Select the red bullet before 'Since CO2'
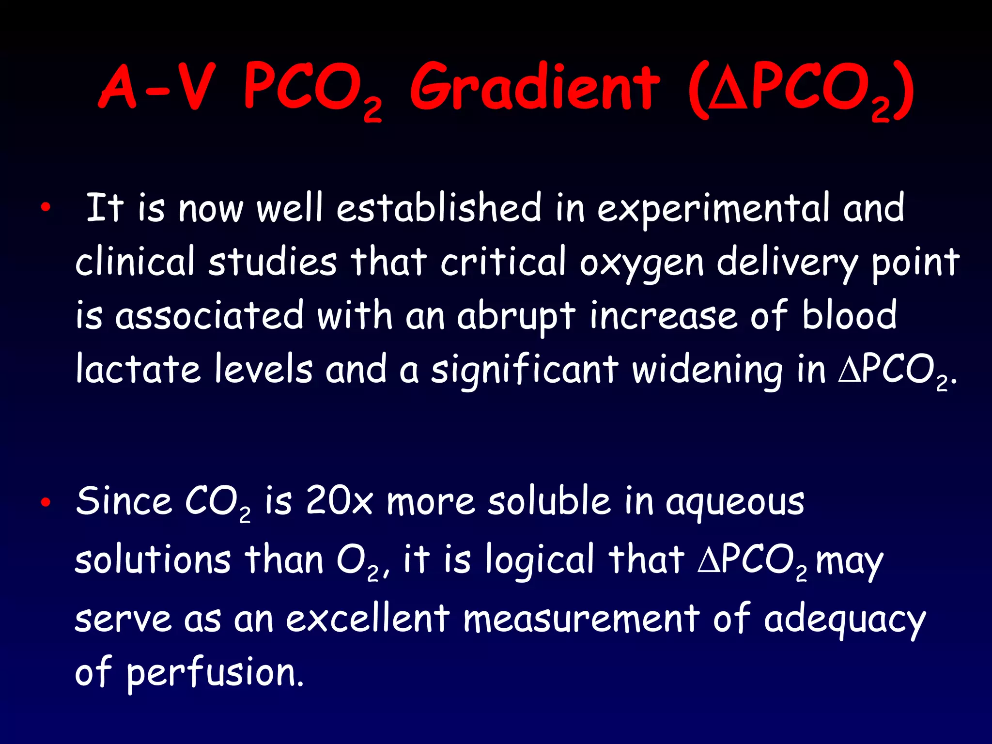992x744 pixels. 46,502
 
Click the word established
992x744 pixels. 439,208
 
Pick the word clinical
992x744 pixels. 135,262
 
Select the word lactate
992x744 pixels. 138,370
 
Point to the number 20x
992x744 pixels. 339,501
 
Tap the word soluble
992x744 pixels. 549,501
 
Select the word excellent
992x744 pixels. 368,619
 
